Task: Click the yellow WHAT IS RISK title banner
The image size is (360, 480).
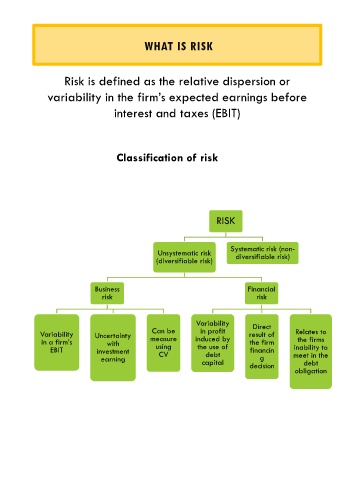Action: [x=177, y=45]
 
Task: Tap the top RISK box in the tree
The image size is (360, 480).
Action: [x=226, y=221]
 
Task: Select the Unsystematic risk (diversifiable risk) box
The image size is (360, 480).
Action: [x=184, y=257]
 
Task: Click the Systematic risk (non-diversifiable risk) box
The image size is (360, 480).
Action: [x=263, y=253]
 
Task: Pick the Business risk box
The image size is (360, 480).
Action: [x=107, y=293]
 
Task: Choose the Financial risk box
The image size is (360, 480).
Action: [x=261, y=293]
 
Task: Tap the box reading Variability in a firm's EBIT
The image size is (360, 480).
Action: [x=57, y=342]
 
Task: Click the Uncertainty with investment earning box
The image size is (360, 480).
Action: [x=113, y=347]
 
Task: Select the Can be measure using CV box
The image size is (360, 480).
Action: [x=163, y=343]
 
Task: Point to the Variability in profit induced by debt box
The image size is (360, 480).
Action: [x=213, y=343]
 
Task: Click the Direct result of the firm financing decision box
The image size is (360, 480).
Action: [x=262, y=346]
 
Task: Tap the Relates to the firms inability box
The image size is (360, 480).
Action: [x=311, y=351]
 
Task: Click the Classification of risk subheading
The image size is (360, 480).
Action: [x=167, y=158]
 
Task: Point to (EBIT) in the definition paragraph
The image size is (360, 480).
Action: [x=226, y=114]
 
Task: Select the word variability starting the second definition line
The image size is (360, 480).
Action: [x=74, y=98]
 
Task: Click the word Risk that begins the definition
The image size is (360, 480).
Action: [x=74, y=81]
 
